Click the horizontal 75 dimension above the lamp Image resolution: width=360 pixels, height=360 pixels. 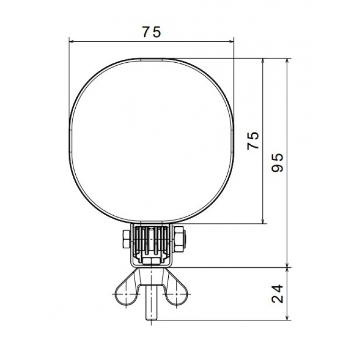tap(151, 32)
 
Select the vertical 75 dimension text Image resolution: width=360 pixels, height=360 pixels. tap(253, 141)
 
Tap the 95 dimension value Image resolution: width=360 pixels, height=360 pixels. tap(278, 163)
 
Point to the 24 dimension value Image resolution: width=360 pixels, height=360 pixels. tap(278, 294)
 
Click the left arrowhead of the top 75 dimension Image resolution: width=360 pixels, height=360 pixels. tap(71, 42)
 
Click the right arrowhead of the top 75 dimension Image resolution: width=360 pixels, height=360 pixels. tap(231, 42)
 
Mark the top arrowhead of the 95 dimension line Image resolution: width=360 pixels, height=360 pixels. tap(287, 61)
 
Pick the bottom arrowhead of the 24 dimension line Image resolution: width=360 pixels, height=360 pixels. tap(287, 317)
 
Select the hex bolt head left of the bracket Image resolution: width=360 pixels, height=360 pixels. tap(127, 239)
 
